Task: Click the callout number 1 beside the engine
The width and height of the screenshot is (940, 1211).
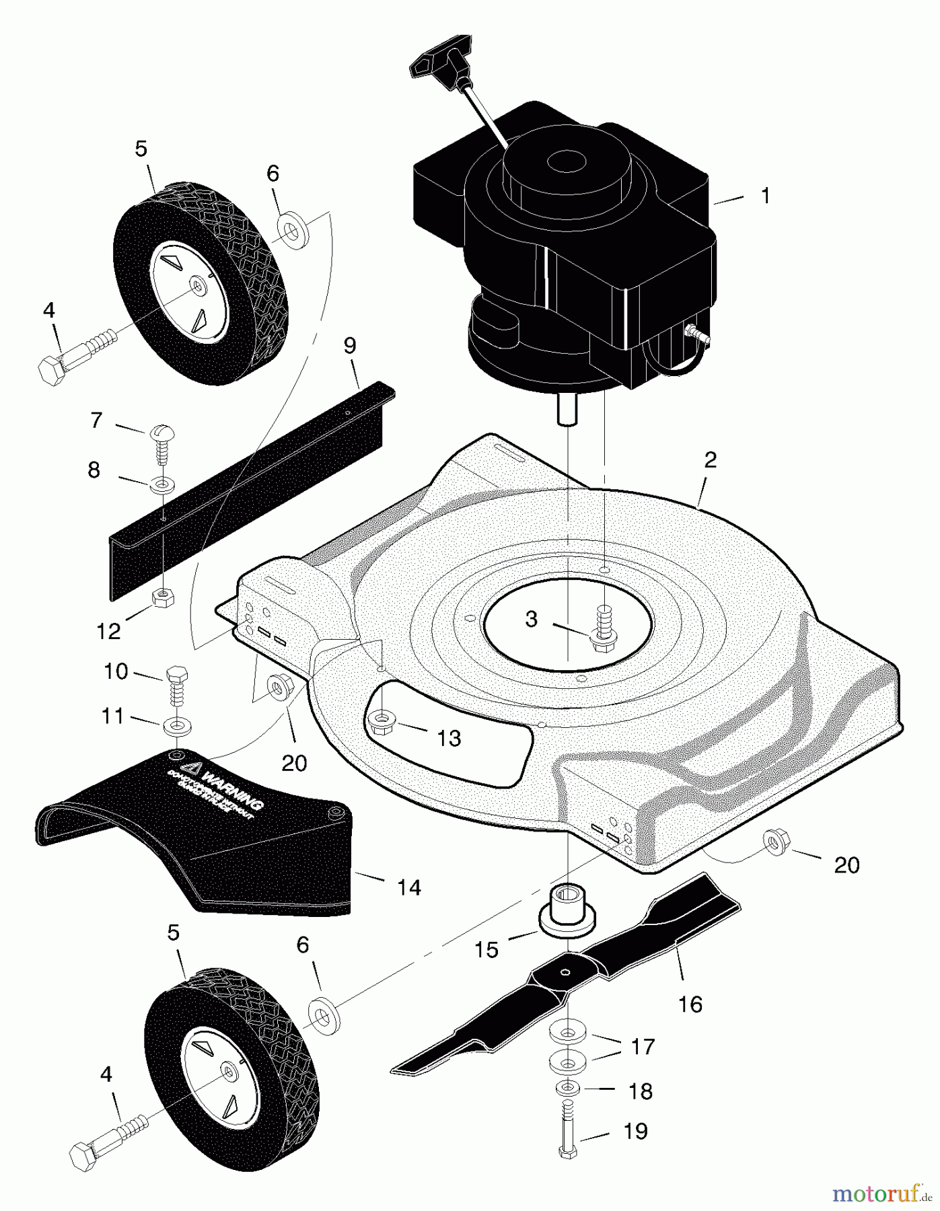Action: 765,196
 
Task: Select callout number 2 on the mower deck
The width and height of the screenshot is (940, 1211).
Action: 710,461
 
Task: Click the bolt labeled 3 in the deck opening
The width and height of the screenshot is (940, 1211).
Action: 602,628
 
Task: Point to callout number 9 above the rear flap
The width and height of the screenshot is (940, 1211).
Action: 350,346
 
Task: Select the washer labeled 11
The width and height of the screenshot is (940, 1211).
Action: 176,726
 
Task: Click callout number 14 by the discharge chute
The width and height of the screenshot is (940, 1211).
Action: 408,887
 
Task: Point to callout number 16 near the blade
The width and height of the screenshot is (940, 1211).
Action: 690,1004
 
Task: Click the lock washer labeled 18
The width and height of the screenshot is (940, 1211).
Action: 569,1088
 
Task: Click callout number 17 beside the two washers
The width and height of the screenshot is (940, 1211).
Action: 643,1047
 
